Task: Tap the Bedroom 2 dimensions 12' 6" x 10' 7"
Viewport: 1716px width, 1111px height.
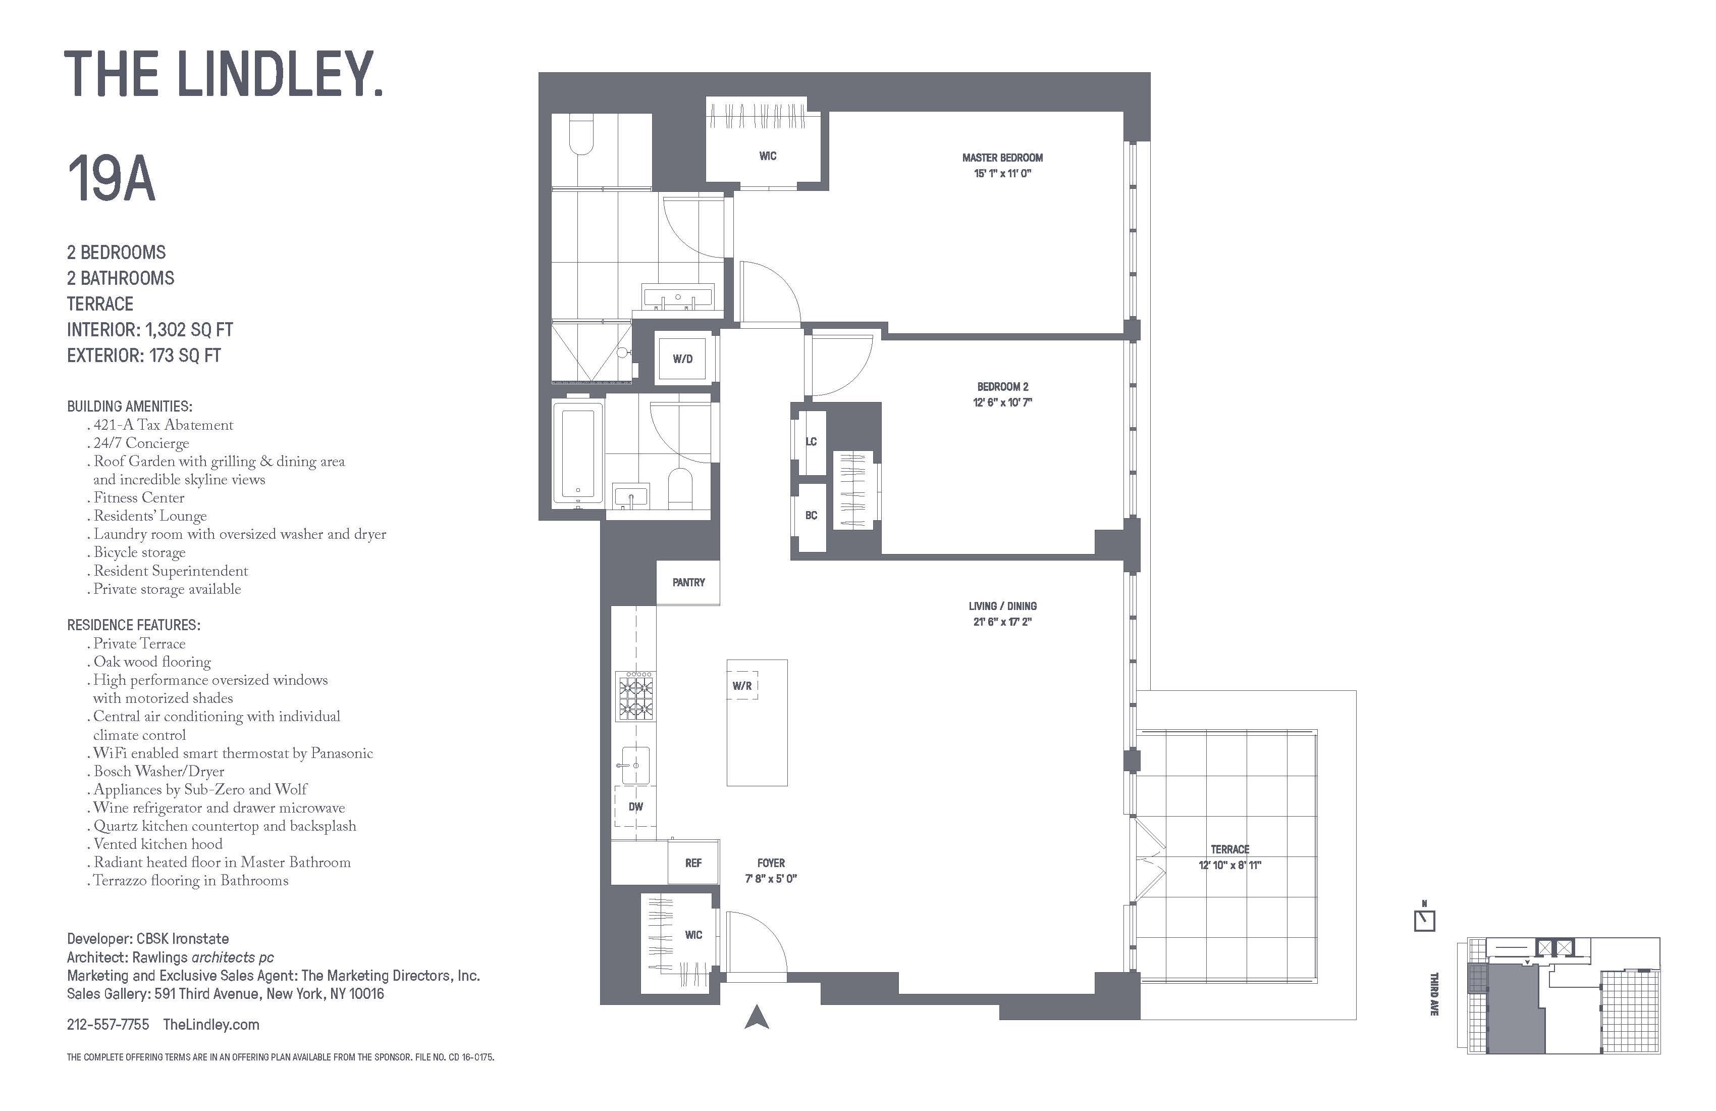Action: pyautogui.click(x=1002, y=402)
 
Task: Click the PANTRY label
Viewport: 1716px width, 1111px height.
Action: pyautogui.click(x=688, y=582)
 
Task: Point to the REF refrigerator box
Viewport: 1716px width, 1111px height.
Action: pyautogui.click(x=693, y=863)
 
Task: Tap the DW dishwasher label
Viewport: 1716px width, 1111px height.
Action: pyautogui.click(x=635, y=806)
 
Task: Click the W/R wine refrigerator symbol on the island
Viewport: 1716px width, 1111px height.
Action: pyautogui.click(x=742, y=686)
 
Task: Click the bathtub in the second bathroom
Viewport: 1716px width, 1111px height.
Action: pyautogui.click(x=578, y=453)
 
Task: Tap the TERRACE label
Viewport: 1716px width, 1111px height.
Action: pyautogui.click(x=1230, y=849)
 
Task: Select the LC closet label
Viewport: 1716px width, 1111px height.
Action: pyautogui.click(x=811, y=441)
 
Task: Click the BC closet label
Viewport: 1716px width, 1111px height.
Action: pyautogui.click(x=811, y=515)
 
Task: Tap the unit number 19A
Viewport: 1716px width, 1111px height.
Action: pyautogui.click(x=111, y=180)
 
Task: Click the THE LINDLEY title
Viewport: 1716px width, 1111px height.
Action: pyautogui.click(x=224, y=74)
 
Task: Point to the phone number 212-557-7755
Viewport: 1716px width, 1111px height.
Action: pyautogui.click(x=108, y=1025)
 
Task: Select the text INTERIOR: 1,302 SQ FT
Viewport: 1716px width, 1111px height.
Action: pyautogui.click(x=150, y=330)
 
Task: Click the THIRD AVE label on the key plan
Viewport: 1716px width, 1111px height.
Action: pyautogui.click(x=1433, y=994)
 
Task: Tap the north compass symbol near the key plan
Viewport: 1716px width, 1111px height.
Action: pyautogui.click(x=1424, y=919)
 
